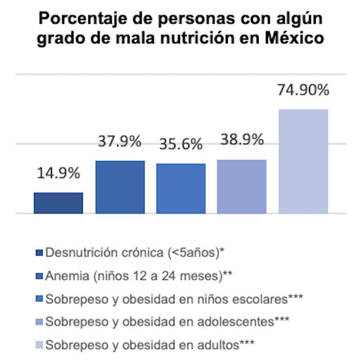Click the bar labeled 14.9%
(x=58, y=203)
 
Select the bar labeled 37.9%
(x=120, y=187)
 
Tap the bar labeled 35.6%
(x=181, y=188)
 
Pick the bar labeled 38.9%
(x=242, y=186)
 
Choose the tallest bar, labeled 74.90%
(x=303, y=161)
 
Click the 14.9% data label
(x=58, y=173)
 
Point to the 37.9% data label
(x=119, y=141)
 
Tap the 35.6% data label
(x=180, y=145)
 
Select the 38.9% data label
(x=242, y=139)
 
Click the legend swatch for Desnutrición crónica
(x=40, y=252)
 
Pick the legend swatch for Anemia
(x=40, y=276)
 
